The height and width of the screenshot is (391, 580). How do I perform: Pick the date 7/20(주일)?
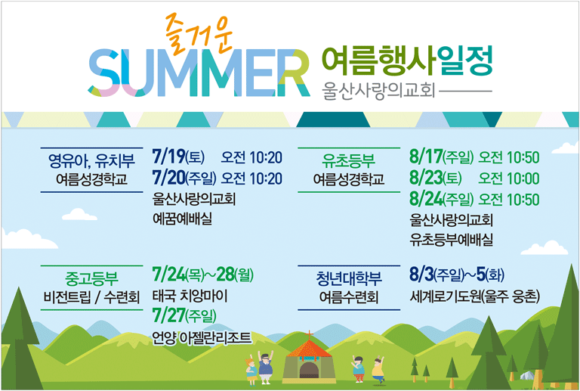point(184,178)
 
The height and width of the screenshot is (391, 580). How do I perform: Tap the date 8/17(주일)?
point(441,157)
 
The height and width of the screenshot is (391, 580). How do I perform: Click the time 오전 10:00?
point(509,178)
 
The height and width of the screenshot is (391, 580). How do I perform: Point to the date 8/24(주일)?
point(441,200)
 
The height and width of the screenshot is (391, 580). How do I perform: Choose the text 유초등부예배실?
point(451,240)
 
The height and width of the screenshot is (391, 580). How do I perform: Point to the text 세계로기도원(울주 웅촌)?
point(474,296)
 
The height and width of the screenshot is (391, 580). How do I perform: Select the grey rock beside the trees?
point(526,375)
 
